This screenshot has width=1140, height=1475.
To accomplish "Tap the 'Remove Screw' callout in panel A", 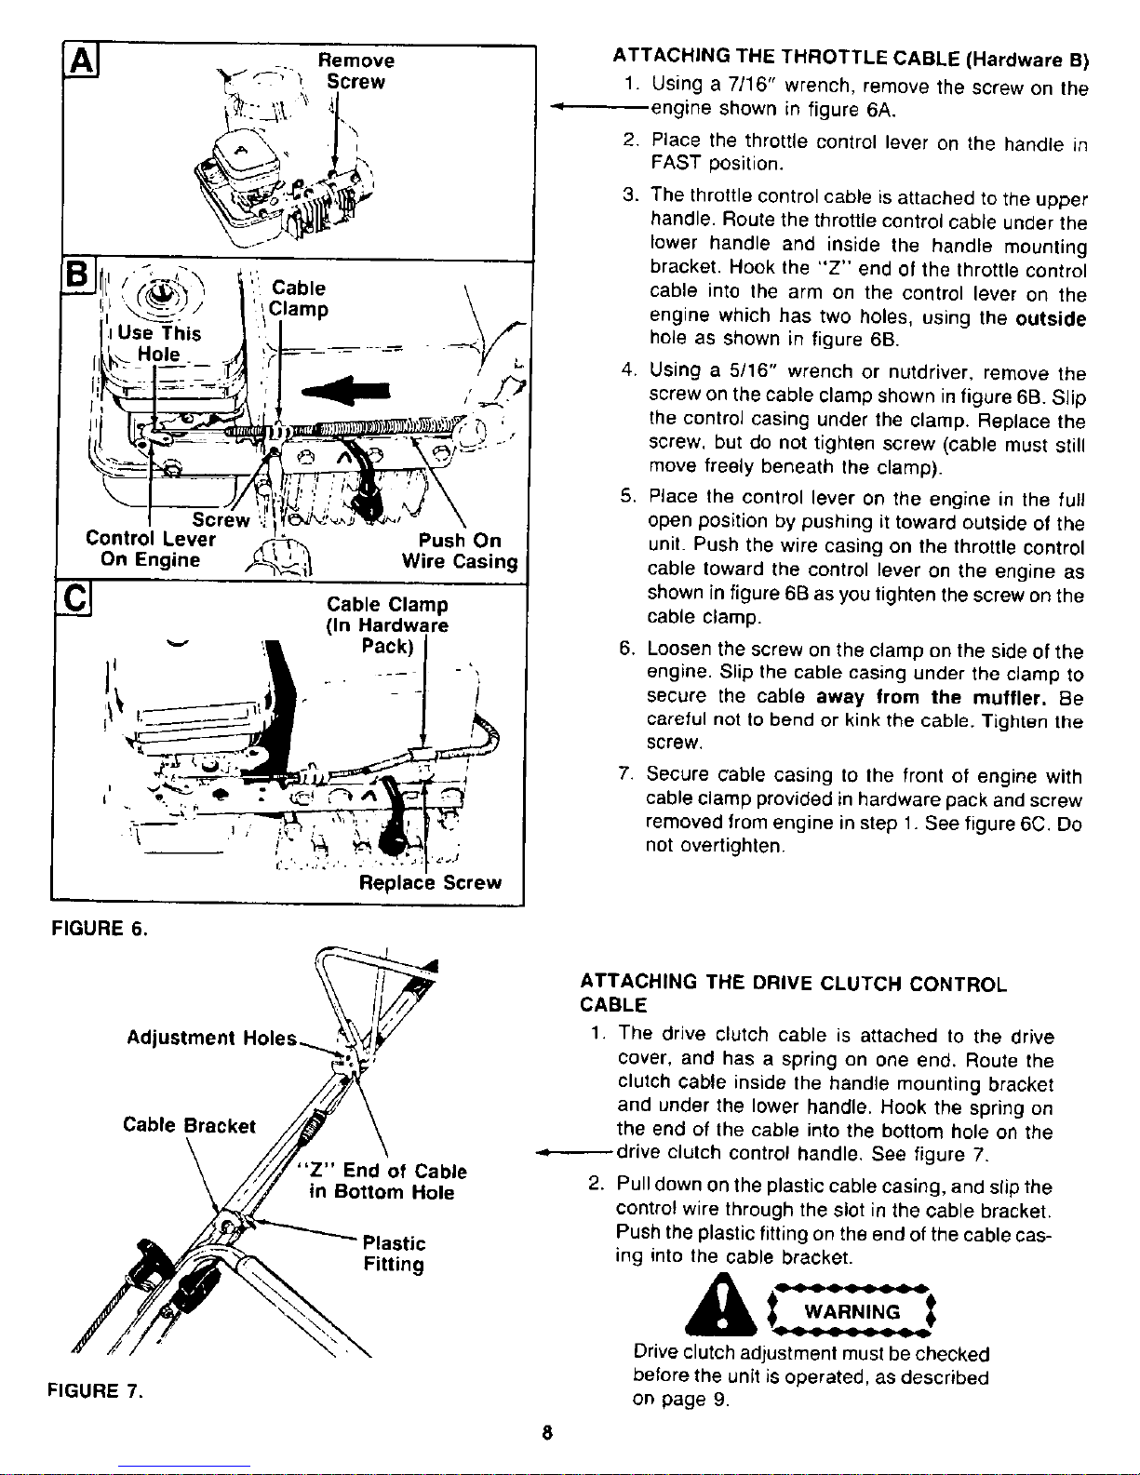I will pos(356,72).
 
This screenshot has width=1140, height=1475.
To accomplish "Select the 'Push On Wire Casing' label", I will pos(459,551).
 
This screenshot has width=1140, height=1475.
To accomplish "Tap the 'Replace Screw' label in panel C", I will pos(430,882).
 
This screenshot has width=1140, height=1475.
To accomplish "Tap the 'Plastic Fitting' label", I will pos(394,1254).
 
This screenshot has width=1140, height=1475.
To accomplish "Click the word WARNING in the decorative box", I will pos(852,1312).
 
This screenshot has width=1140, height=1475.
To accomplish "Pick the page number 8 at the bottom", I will pos(551,1433).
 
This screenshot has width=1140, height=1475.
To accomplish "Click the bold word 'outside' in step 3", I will pos(1049,318).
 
